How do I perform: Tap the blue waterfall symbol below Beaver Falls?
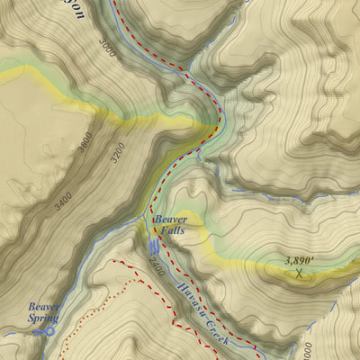(x=154, y=244)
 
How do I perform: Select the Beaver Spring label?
(x=43, y=312)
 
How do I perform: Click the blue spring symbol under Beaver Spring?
(x=44, y=331)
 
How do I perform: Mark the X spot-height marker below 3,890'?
(x=299, y=273)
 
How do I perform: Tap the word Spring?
(x=43, y=318)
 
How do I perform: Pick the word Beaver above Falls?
(x=170, y=219)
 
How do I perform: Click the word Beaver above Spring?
(x=43, y=307)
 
